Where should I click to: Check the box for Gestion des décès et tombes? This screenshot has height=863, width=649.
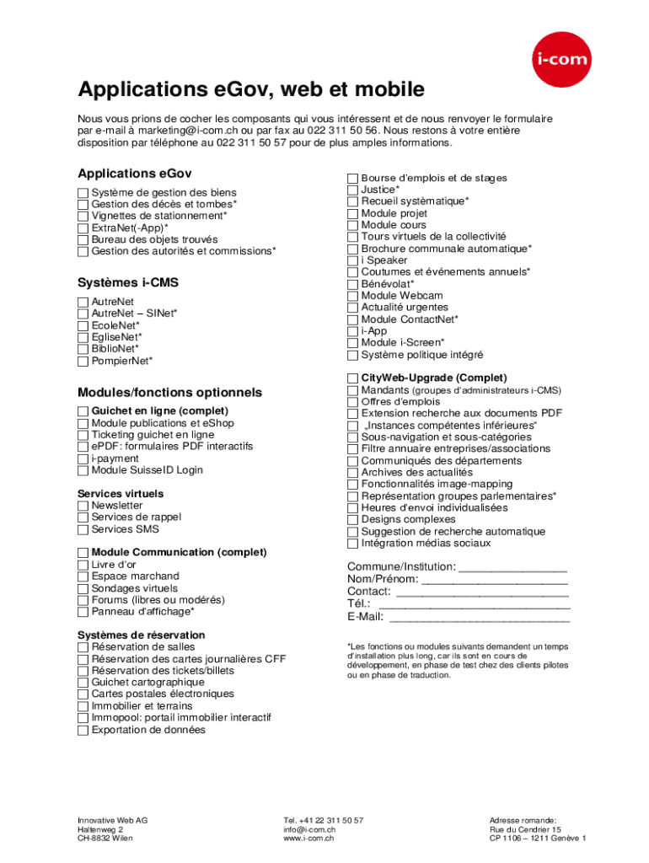click(83, 205)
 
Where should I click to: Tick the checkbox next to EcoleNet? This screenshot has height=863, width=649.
click(83, 325)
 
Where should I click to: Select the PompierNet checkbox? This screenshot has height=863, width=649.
click(83, 362)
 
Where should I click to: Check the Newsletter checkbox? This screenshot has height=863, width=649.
click(83, 506)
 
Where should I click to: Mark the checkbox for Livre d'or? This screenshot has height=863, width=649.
click(83, 565)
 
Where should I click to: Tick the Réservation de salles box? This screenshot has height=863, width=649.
click(83, 647)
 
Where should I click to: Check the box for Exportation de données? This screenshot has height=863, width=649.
click(83, 731)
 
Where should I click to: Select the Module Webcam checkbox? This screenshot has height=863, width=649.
click(353, 296)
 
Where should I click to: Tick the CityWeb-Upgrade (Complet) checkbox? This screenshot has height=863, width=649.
click(353, 378)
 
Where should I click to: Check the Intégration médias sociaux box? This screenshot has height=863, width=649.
click(353, 544)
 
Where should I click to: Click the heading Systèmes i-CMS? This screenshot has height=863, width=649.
click(128, 282)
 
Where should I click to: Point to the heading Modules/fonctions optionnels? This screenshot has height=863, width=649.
click(169, 393)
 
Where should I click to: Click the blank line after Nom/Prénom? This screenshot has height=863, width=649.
click(494, 580)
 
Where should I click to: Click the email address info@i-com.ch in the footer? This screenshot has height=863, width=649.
click(309, 829)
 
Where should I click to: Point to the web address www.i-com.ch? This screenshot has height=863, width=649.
click(308, 839)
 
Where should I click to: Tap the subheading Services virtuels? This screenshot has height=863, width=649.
click(121, 494)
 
